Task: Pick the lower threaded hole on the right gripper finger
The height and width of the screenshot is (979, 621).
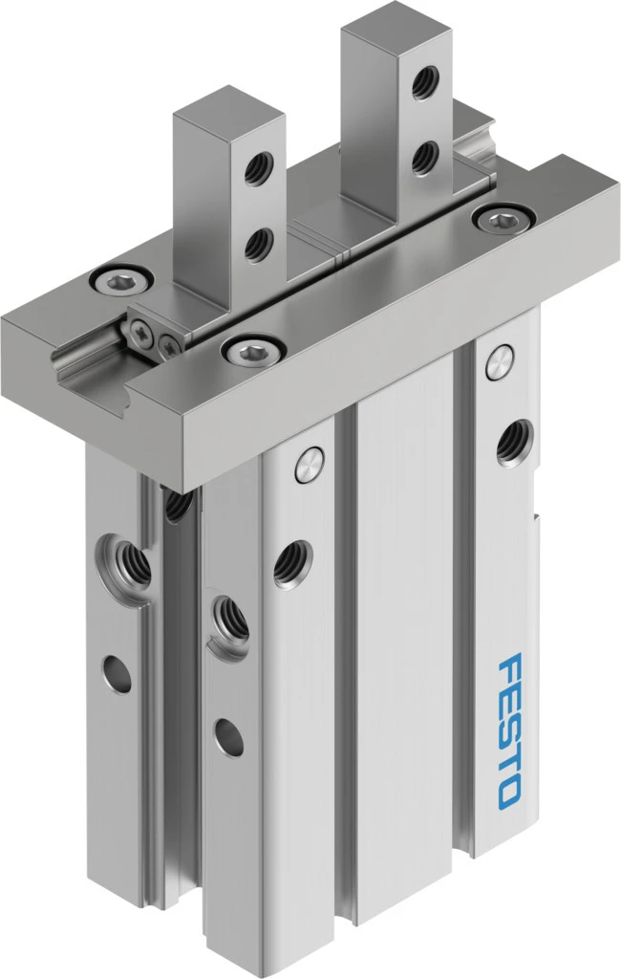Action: (425, 158)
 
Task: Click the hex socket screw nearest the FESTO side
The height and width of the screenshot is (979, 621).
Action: (503, 220)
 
